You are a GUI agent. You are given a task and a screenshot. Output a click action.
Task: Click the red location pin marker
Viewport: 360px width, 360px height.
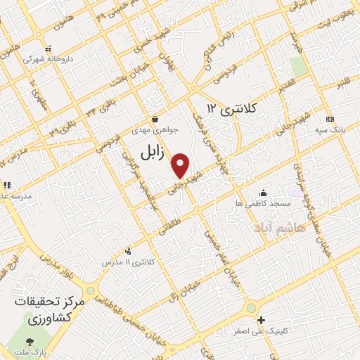pos(181,165)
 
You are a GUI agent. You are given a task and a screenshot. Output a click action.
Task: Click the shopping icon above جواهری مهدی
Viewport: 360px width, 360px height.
pos(154,119)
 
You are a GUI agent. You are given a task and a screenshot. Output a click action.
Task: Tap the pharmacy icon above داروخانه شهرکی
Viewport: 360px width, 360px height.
pos(49,50)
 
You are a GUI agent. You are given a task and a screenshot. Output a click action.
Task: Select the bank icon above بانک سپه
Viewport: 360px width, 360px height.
pos(329,120)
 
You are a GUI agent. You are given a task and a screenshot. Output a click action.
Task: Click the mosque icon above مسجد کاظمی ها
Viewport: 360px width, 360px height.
pos(263,193)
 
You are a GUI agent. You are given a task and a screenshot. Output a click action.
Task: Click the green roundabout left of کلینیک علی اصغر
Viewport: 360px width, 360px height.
pos(250,309)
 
